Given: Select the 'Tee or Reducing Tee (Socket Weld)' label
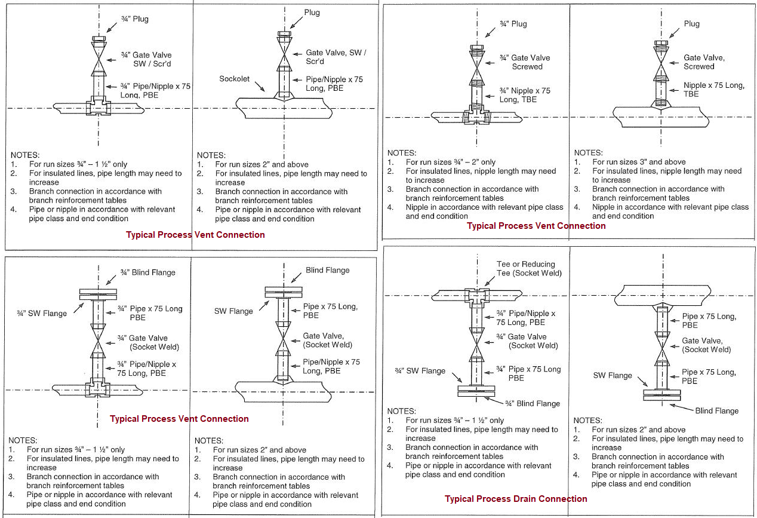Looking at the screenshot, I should pos(525,269).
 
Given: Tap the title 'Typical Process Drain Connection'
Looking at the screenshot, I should pos(516,499).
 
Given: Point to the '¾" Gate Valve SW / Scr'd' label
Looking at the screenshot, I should pos(146,59).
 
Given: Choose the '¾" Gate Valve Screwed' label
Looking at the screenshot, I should pos(525,62).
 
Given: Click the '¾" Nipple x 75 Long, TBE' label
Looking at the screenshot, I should pos(525,95).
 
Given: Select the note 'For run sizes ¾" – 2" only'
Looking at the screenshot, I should pos(451,162).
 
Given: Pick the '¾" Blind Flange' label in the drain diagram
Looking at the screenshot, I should pos(533,404).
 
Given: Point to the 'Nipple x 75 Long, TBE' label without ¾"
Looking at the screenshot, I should pos(714,90).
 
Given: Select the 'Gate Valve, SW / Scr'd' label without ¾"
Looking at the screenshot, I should pos(336,57).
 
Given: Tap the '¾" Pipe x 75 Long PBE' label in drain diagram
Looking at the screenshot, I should pos(528,373).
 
